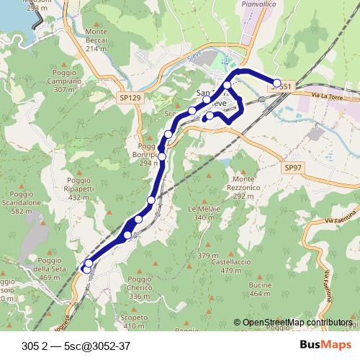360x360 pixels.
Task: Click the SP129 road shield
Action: pyautogui.click(x=130, y=96)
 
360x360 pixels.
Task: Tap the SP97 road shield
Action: pyautogui.click(x=291, y=167)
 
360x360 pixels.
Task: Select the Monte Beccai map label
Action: pyautogui.click(x=96, y=36)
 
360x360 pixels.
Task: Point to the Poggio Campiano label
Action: pyautogui.click(x=64, y=81)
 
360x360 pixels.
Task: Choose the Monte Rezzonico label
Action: pyautogui.click(x=244, y=187)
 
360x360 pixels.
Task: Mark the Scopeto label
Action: pyautogui.click(x=134, y=320)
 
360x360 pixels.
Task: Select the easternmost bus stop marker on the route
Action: pyautogui.click(x=277, y=84)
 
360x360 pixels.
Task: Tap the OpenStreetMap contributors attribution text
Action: pyautogui.click(x=297, y=323)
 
